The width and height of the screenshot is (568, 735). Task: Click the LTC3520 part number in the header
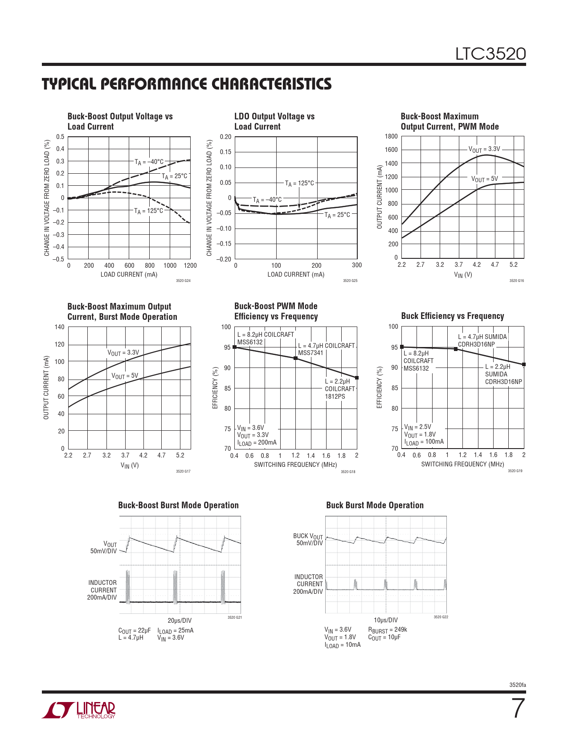(x=490, y=54)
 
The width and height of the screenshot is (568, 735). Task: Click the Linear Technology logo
(x=79, y=710)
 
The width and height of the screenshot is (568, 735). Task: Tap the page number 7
(x=517, y=709)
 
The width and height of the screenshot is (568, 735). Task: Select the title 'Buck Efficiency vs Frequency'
(x=452, y=316)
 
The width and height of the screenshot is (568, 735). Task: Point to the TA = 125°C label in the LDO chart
(x=299, y=183)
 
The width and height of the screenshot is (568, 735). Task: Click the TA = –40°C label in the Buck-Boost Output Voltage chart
(x=149, y=162)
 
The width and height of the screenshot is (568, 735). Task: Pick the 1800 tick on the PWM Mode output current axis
(x=392, y=136)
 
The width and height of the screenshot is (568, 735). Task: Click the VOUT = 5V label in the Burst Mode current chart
(x=125, y=376)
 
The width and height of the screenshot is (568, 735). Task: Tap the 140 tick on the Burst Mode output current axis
(x=60, y=327)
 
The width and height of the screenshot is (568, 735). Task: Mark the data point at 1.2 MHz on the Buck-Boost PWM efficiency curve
(x=295, y=358)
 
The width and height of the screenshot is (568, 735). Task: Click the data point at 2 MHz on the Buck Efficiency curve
(x=524, y=364)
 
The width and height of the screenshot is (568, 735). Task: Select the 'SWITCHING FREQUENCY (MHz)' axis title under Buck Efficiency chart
(x=462, y=464)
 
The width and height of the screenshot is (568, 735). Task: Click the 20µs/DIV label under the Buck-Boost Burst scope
(x=180, y=621)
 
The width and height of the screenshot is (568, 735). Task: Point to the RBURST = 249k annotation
(x=388, y=630)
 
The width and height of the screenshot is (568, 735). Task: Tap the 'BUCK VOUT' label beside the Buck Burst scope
(x=308, y=536)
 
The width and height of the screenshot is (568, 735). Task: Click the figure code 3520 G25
(x=350, y=281)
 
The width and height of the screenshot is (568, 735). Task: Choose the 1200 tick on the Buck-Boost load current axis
(x=190, y=265)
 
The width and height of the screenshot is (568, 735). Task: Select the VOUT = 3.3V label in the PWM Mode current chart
(x=484, y=149)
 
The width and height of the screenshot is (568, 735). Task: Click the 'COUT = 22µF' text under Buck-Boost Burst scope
(x=135, y=630)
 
